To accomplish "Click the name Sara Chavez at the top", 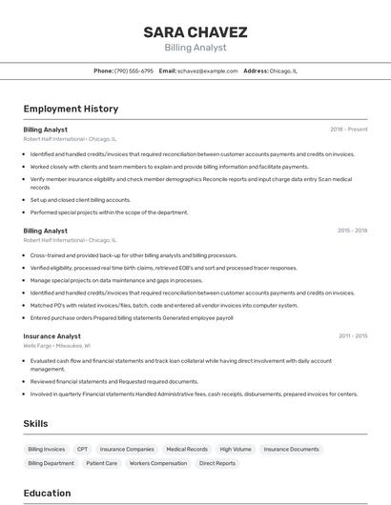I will tap(195, 32).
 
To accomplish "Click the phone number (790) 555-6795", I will tap(134, 71).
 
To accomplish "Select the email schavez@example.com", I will tap(207, 71).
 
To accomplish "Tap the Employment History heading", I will tap(71, 109).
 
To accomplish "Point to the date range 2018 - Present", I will tap(348, 129).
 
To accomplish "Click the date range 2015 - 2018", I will tap(352, 231).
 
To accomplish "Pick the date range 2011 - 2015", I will tap(352, 336).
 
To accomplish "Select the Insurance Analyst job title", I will tap(51, 336).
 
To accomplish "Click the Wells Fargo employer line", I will tap(56, 346).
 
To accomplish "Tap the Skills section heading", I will tap(36, 423).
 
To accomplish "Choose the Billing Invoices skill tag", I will tap(47, 449).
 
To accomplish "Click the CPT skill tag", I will tap(83, 449).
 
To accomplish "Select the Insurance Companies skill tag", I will tap(127, 449).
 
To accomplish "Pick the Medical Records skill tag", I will tap(187, 449).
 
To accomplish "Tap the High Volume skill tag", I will tap(236, 449).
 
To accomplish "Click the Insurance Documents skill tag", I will tap(291, 449).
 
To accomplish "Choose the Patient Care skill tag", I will tap(102, 463).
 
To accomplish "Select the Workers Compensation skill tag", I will tap(158, 463).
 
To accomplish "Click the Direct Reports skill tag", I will tap(217, 463).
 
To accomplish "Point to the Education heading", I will tap(47, 493).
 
